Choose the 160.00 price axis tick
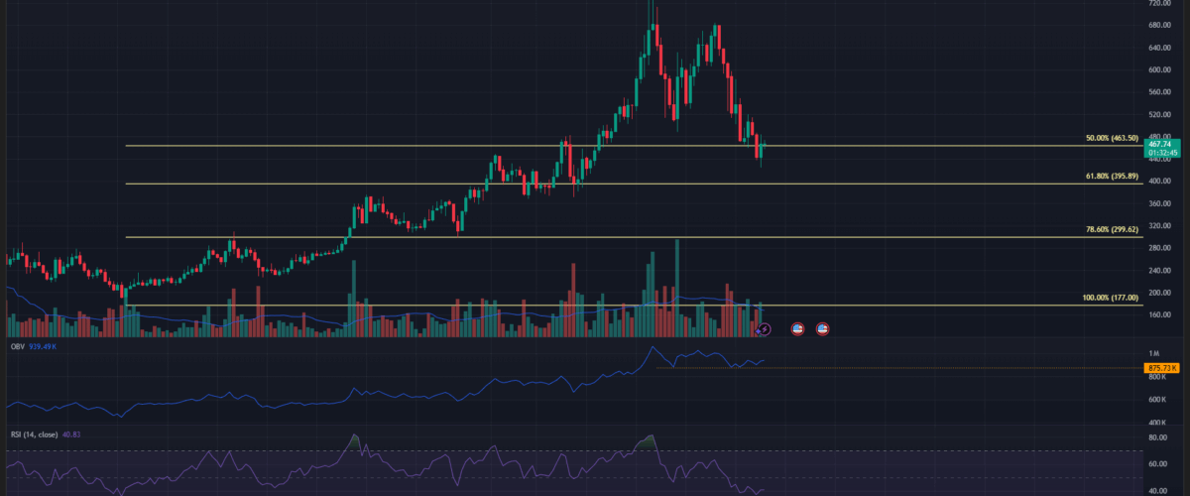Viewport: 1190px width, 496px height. pyautogui.click(x=1153, y=315)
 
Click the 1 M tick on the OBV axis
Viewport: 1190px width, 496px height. pyautogui.click(x=1153, y=354)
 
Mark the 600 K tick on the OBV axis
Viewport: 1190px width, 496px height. pyautogui.click(x=1154, y=400)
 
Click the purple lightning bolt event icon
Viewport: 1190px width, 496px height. pyautogui.click(x=764, y=328)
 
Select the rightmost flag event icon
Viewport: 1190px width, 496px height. pyautogui.click(x=822, y=328)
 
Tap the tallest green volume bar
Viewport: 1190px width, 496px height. pyautogui.click(x=677, y=288)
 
